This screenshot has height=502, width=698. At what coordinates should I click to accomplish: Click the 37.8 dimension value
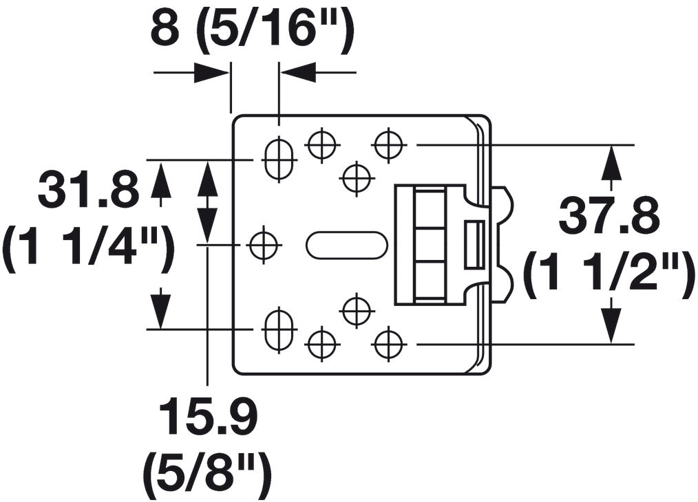(609, 216)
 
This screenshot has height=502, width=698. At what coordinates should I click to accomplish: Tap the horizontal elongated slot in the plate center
(346, 245)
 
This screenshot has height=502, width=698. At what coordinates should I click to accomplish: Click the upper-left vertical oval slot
(279, 160)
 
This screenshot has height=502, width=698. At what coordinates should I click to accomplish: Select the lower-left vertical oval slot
(279, 330)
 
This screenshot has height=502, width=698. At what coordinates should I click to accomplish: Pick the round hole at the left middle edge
(263, 245)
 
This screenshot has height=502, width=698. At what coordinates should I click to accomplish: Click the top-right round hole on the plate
(388, 145)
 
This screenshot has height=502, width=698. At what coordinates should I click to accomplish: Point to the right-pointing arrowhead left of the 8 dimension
(211, 72)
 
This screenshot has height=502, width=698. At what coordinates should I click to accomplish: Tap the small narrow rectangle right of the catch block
(474, 245)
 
